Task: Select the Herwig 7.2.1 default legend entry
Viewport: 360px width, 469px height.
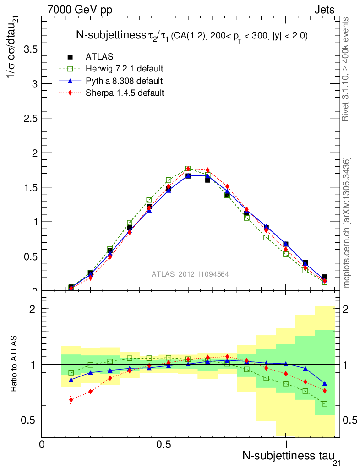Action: tap(124, 69)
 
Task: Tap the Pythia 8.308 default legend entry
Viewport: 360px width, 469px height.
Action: tap(124, 81)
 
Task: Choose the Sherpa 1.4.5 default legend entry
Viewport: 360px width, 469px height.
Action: tap(125, 93)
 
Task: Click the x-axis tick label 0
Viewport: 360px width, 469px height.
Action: tap(42, 444)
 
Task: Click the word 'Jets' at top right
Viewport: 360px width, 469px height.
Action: tap(324, 10)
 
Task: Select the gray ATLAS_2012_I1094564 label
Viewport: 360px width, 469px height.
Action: tap(190, 274)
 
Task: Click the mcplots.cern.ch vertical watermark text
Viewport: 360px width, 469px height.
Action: tap(347, 222)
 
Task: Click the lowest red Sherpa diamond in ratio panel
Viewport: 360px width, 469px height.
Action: tap(71, 400)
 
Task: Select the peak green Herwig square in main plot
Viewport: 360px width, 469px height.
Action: tap(188, 169)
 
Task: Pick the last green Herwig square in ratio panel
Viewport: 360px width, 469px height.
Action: tap(325, 404)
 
